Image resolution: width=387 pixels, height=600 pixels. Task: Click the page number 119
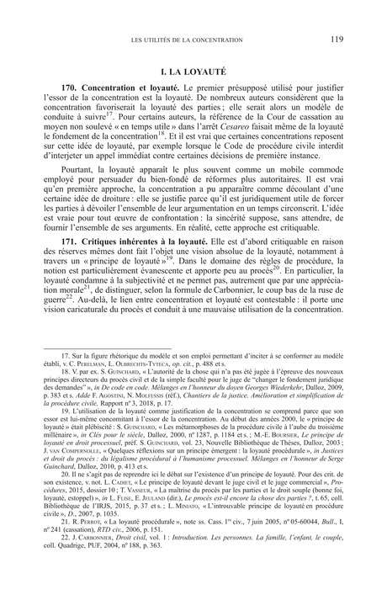(x=335, y=37)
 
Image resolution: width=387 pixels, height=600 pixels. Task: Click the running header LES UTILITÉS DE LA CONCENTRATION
(x=193, y=38)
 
